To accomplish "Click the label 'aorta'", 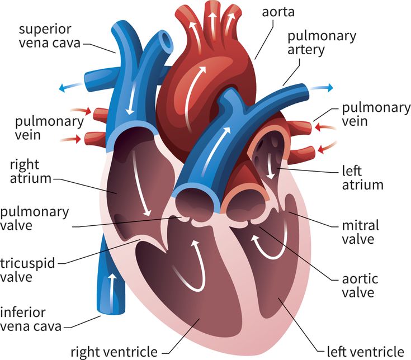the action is coord(278,12).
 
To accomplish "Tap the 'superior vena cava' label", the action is coord(50,36).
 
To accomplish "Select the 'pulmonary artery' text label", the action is coord(322,43).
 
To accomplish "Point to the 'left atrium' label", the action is coord(362,178).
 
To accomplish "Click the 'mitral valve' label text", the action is coord(361,232).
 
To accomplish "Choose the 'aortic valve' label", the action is coord(360,286).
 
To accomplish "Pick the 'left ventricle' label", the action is coord(365,352).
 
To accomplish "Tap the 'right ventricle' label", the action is coord(114,352).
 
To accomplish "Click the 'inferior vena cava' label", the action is coord(31,319).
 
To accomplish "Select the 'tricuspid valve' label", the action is coord(27,270).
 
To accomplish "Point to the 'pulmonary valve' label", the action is coord(34,219).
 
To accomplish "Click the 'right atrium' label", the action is coord(31,172).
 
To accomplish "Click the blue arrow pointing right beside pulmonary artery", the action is coord(321,88).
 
